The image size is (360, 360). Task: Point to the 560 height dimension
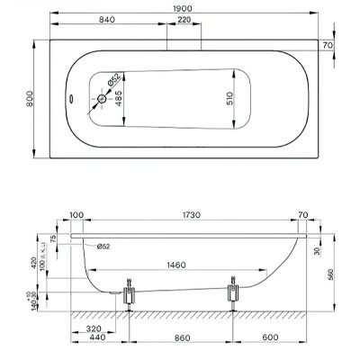331,274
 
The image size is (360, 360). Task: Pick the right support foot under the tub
235,292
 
